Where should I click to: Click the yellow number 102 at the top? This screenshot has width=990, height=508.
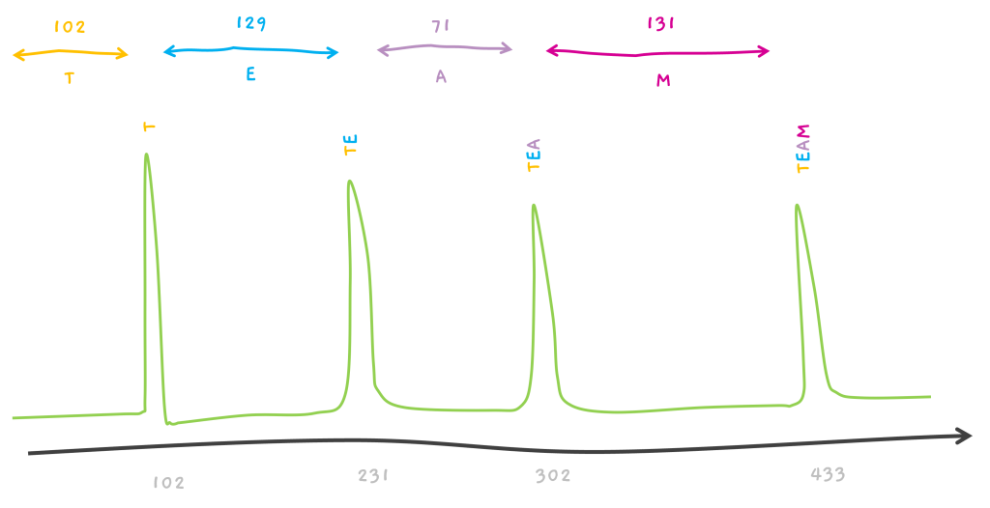(x=70, y=27)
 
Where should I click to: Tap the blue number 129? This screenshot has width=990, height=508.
(x=251, y=23)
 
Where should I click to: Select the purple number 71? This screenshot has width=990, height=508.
(x=441, y=26)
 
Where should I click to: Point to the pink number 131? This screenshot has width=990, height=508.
(x=660, y=23)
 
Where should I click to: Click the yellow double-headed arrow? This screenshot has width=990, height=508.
(x=70, y=54)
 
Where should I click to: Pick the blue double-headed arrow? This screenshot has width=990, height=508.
(x=251, y=51)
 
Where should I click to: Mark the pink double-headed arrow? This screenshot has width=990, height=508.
(x=658, y=51)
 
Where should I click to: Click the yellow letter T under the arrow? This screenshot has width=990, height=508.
(x=69, y=79)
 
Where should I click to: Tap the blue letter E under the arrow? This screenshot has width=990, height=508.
(x=250, y=74)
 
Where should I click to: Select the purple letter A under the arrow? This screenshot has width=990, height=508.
(x=441, y=77)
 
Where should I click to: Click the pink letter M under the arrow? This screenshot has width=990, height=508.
(x=663, y=81)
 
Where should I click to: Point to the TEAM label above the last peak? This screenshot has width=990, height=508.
(x=803, y=149)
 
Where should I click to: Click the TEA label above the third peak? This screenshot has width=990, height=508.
(x=534, y=155)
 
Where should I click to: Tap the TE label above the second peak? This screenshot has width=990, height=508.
(x=351, y=145)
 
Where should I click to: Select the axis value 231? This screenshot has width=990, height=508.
(x=373, y=475)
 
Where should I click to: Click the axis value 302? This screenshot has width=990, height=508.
(x=553, y=476)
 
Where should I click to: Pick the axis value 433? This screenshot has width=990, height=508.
(x=828, y=474)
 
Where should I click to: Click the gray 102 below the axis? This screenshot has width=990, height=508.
(x=168, y=483)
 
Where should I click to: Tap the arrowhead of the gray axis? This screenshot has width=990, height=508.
(x=964, y=437)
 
